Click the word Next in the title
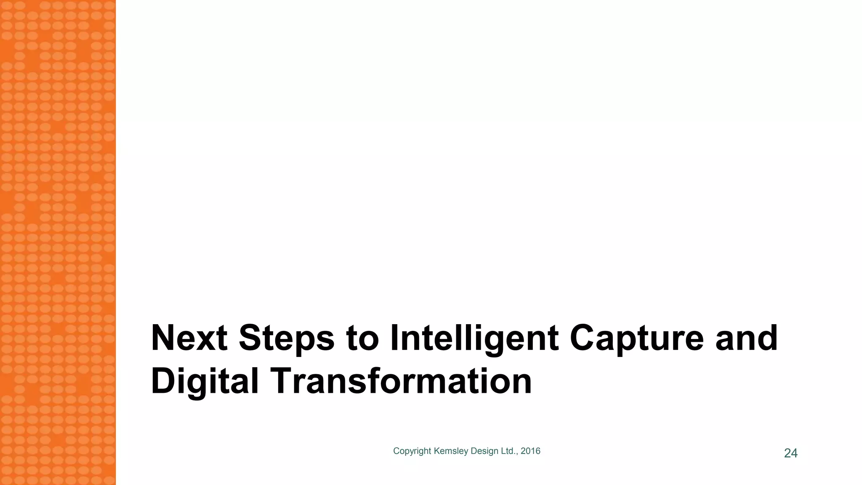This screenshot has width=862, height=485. [189, 338]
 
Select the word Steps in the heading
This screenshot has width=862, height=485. [286, 338]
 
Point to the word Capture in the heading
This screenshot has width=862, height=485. [636, 338]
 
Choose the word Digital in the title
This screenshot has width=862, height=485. [205, 381]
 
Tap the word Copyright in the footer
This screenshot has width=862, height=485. [412, 451]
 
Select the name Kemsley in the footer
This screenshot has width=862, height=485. [451, 451]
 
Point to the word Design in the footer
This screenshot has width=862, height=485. [484, 451]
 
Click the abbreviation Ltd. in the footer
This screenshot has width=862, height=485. [509, 451]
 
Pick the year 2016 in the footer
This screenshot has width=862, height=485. [530, 451]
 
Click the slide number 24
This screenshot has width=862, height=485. [790, 453]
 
